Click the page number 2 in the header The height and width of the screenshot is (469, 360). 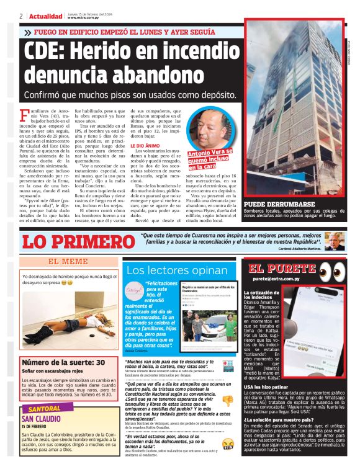(x=21, y=16)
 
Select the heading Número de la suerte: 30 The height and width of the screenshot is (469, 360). (x=63, y=362)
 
